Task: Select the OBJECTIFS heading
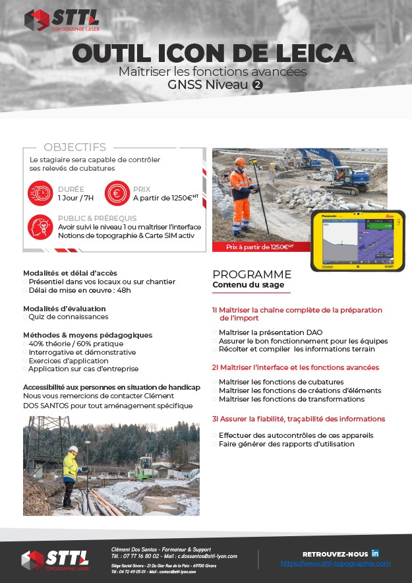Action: pos(74,147)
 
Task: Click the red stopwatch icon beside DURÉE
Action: pos(40,193)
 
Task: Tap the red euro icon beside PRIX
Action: pos(117,193)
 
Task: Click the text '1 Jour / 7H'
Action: pos(76,198)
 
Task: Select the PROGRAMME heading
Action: pos(252,274)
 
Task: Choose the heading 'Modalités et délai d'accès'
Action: pos(69,272)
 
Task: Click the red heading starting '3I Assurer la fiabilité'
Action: pos(299,419)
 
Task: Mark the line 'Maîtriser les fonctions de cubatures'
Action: pos(281,382)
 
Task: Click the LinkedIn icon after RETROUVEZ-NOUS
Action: pos(375,552)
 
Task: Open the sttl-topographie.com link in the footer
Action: pos(335,564)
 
